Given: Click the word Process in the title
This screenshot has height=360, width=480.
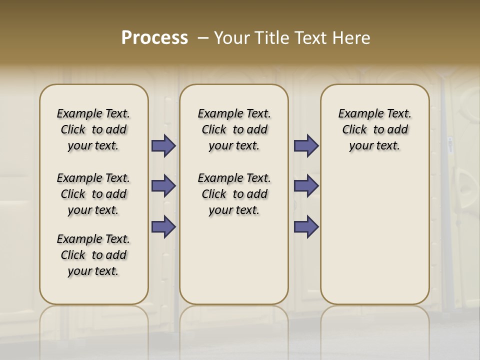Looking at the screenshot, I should (x=154, y=38).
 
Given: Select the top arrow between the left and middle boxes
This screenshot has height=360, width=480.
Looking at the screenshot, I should (x=163, y=146).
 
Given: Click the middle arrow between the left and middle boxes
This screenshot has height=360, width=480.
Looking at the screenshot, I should (x=163, y=186).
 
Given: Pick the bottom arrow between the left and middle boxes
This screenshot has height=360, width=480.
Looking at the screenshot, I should (x=163, y=226).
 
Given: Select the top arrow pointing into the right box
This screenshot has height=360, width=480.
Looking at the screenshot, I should (x=306, y=146).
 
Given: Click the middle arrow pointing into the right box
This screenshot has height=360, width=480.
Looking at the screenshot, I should (x=306, y=186).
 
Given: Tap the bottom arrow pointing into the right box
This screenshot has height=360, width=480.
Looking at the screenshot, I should (x=306, y=226).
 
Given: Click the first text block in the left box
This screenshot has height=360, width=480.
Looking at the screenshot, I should (x=93, y=129).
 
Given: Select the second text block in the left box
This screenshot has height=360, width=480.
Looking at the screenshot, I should (x=93, y=194).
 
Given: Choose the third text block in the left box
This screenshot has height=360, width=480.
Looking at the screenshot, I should (x=93, y=255).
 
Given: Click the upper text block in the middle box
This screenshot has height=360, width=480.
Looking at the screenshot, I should (x=234, y=129).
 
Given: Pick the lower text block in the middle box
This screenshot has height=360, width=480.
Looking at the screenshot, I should (x=234, y=194).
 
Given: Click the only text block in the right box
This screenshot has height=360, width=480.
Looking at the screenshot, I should (x=374, y=129).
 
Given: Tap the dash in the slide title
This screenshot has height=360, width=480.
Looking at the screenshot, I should (x=203, y=38).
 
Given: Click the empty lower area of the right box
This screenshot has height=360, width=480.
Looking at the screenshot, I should (x=374, y=235).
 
